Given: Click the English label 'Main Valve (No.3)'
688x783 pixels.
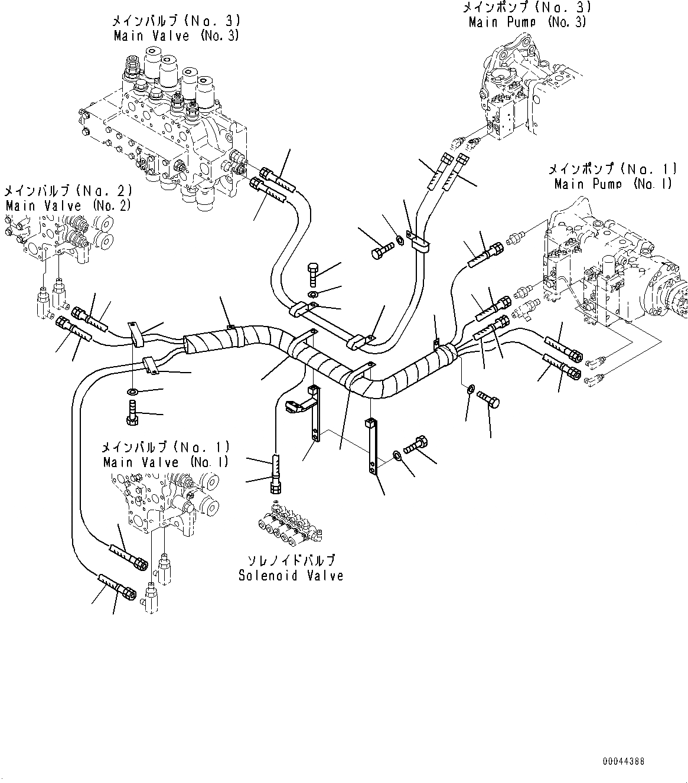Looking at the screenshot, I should [x=176, y=36].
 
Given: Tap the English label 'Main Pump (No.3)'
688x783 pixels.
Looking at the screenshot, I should [x=527, y=22].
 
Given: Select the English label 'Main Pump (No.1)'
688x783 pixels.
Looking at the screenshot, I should [x=613, y=184].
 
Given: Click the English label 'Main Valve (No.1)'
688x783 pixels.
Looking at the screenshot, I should [x=166, y=462].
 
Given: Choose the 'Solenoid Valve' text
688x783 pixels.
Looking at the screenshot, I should [x=291, y=575].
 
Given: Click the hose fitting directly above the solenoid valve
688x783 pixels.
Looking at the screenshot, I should [x=276, y=472].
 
